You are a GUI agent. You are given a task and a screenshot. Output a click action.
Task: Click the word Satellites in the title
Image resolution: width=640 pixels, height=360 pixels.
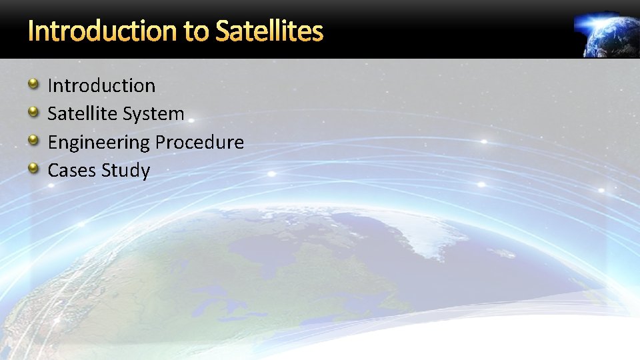tap(269, 31)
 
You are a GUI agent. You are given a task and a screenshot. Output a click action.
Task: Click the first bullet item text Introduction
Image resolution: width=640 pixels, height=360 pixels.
tap(101, 85)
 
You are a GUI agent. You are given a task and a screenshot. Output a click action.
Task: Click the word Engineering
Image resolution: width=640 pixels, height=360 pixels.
tap(99, 142)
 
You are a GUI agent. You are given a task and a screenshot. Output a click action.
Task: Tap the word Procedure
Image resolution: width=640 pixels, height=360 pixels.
tap(200, 142)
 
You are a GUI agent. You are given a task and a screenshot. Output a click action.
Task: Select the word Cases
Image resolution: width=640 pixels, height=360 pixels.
tap(72, 171)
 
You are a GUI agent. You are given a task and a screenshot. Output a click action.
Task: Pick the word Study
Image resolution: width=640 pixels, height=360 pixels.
tap(126, 171)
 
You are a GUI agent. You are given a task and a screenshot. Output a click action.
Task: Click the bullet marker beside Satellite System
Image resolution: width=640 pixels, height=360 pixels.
tap(33, 112)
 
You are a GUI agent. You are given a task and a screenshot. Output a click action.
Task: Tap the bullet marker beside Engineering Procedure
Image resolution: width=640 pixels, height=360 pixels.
tap(33, 140)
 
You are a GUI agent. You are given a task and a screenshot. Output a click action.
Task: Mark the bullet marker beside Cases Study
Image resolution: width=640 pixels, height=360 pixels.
tap(33, 169)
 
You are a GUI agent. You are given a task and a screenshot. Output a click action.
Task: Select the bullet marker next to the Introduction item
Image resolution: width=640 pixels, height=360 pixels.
tap(33, 83)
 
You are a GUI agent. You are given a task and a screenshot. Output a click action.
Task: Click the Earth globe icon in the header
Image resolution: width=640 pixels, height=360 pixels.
tap(610, 35)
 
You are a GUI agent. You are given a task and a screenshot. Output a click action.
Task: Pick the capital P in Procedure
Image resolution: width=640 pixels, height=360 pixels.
tap(161, 142)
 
